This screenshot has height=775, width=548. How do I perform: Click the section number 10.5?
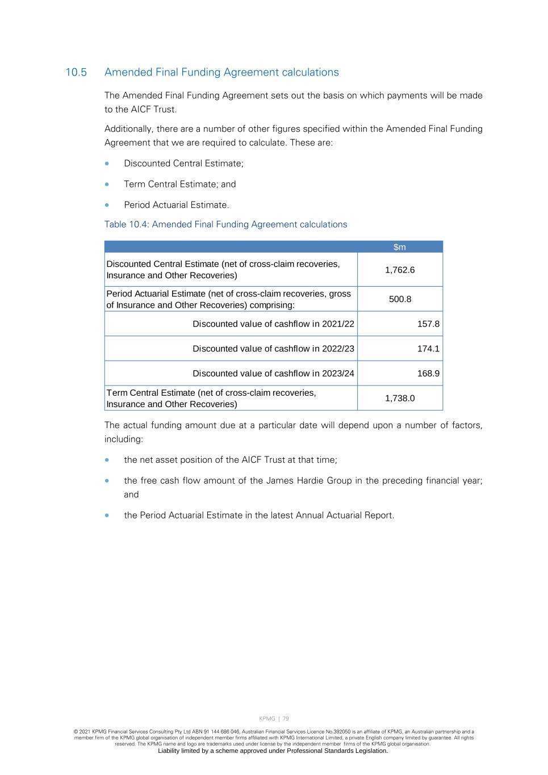pyautogui.click(x=76, y=73)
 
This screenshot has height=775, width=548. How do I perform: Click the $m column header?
pyautogui.click(x=400, y=247)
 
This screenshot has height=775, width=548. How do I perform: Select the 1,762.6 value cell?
pyautogui.click(x=400, y=270)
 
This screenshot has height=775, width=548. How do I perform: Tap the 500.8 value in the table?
pyautogui.click(x=400, y=299)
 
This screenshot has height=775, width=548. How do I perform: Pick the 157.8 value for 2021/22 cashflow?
pyautogui.click(x=428, y=324)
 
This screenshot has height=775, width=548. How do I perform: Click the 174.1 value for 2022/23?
pyautogui.click(x=428, y=349)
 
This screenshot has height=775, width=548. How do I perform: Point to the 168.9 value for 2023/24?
pyautogui.click(x=428, y=374)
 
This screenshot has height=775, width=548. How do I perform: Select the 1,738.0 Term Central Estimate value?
pyautogui.click(x=400, y=399)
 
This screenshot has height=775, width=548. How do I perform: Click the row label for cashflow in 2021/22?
pyautogui.click(x=273, y=324)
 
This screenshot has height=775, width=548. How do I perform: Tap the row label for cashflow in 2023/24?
pyautogui.click(x=273, y=374)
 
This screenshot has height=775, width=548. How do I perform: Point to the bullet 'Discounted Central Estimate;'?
pyautogui.click(x=183, y=164)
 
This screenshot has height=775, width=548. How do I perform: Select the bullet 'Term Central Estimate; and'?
pyautogui.click(x=179, y=185)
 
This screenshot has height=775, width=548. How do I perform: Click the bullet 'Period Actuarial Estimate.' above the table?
pyautogui.click(x=176, y=205)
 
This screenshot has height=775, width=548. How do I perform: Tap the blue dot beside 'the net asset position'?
pyautogui.click(x=107, y=460)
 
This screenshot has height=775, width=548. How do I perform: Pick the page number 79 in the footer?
pyautogui.click(x=286, y=719)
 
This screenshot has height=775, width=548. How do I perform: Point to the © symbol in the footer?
pyautogui.click(x=76, y=732)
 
